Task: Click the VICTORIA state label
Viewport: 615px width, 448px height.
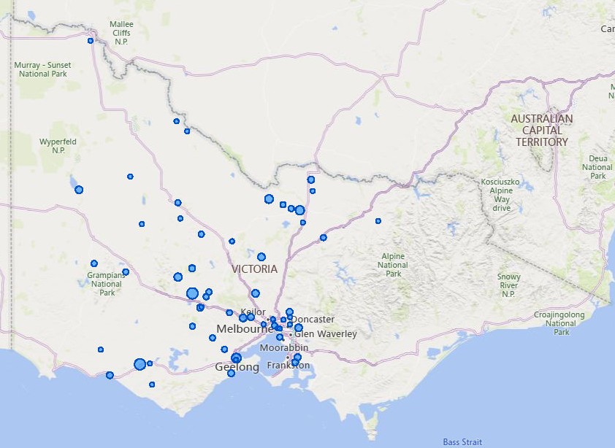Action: (254, 269)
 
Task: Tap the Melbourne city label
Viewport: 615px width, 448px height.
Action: (244, 329)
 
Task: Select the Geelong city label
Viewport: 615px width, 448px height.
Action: (237, 367)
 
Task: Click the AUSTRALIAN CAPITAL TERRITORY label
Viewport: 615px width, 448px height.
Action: (541, 130)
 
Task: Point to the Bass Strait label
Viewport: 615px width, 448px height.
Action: (462, 442)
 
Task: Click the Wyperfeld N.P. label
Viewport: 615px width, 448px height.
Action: (58, 146)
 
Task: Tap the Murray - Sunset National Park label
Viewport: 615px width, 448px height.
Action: (42, 69)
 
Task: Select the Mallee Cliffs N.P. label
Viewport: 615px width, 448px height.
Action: (121, 33)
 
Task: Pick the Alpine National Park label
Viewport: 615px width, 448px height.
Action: (393, 265)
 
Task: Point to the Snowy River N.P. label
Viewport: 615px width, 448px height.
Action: (508, 286)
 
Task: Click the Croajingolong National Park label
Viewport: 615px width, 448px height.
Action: (561, 323)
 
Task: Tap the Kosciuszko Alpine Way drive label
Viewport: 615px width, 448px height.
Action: (501, 195)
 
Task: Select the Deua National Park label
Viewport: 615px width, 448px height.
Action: (597, 167)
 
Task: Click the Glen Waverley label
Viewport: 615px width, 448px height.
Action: (326, 334)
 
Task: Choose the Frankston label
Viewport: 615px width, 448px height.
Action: (288, 366)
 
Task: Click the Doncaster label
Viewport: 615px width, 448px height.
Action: (315, 320)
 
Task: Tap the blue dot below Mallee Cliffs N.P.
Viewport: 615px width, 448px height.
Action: (91, 41)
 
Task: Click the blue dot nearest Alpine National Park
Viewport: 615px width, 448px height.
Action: (378, 221)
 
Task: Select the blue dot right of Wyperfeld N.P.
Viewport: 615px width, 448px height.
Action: (130, 177)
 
